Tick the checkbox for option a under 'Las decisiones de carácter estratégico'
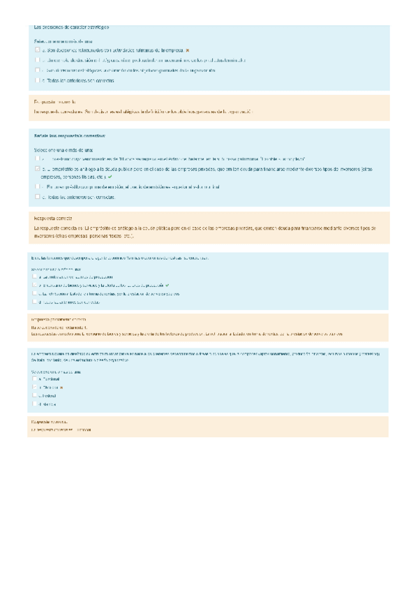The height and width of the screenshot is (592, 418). tap(37, 50)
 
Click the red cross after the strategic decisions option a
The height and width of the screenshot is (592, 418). tap(188, 50)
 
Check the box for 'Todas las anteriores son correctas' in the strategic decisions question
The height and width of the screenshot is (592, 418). tap(37, 80)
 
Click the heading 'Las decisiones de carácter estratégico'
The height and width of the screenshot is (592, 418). tap(71, 27)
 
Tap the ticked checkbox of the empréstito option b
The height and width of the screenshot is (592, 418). tap(37, 169)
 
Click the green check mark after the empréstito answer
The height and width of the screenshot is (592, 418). tap(110, 177)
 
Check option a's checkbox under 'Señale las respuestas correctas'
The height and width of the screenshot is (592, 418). tap(37, 159)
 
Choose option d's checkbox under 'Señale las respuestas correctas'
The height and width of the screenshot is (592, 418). tap(37, 197)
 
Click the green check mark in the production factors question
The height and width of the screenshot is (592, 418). tap(167, 286)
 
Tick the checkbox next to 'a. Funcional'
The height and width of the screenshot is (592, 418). tap(36, 379)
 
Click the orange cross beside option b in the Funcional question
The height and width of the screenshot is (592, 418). tap(61, 387)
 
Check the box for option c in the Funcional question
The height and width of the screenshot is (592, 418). tap(36, 395)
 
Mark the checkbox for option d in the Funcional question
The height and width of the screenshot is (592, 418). tap(36, 404)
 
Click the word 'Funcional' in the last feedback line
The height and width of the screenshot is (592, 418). tap(82, 429)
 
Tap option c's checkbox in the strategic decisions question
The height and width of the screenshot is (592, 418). tap(37, 71)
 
